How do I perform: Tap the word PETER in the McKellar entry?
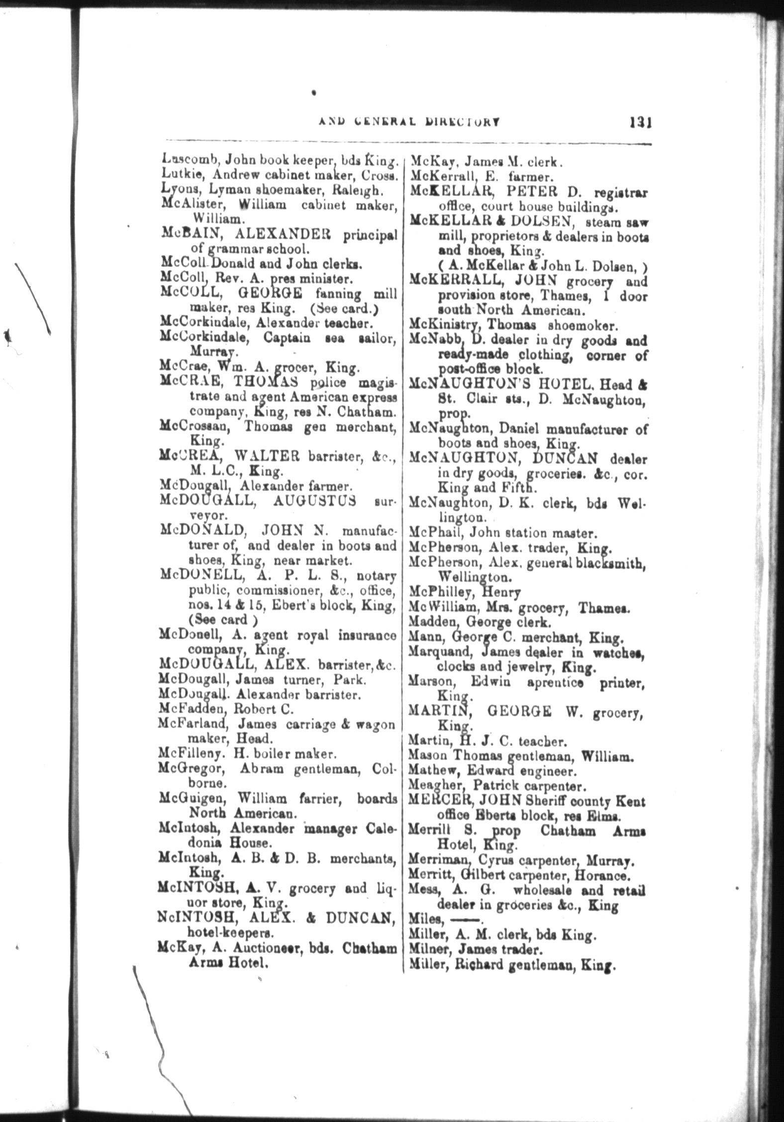pyautogui.click(x=532, y=191)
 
